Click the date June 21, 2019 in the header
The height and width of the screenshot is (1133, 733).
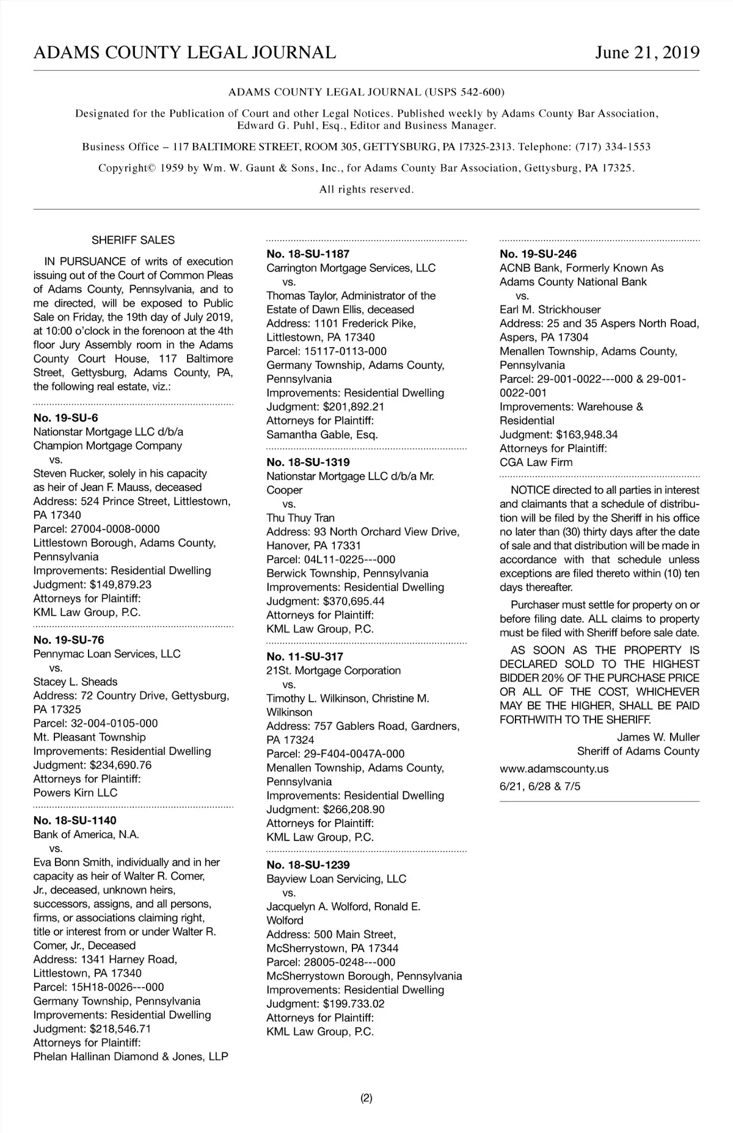pyautogui.click(x=647, y=53)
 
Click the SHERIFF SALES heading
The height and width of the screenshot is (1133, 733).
pyautogui.click(x=133, y=240)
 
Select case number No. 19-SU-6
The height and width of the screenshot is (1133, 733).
pyautogui.click(x=65, y=418)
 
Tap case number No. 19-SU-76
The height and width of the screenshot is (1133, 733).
pyautogui.click(x=68, y=639)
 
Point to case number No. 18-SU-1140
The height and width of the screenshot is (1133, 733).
pyautogui.click(x=75, y=820)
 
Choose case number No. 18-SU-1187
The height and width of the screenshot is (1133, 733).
pyautogui.click(x=308, y=254)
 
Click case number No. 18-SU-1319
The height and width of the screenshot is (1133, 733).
pyautogui.click(x=308, y=462)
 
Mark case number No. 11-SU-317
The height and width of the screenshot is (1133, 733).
pyautogui.click(x=305, y=657)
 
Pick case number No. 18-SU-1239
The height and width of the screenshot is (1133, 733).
pyautogui.click(x=308, y=865)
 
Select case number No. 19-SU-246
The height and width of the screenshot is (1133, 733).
pyautogui.click(x=538, y=254)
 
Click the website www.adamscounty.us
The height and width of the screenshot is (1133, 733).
pyautogui.click(x=554, y=769)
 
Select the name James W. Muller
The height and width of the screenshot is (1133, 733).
pyautogui.click(x=658, y=737)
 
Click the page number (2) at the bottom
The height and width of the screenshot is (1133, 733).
pyautogui.click(x=366, y=1098)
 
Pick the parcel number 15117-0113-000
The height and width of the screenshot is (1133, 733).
pyautogui.click(x=345, y=351)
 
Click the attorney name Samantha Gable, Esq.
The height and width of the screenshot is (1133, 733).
pyautogui.click(x=322, y=435)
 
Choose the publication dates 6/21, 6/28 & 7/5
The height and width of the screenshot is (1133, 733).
pyautogui.click(x=540, y=787)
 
